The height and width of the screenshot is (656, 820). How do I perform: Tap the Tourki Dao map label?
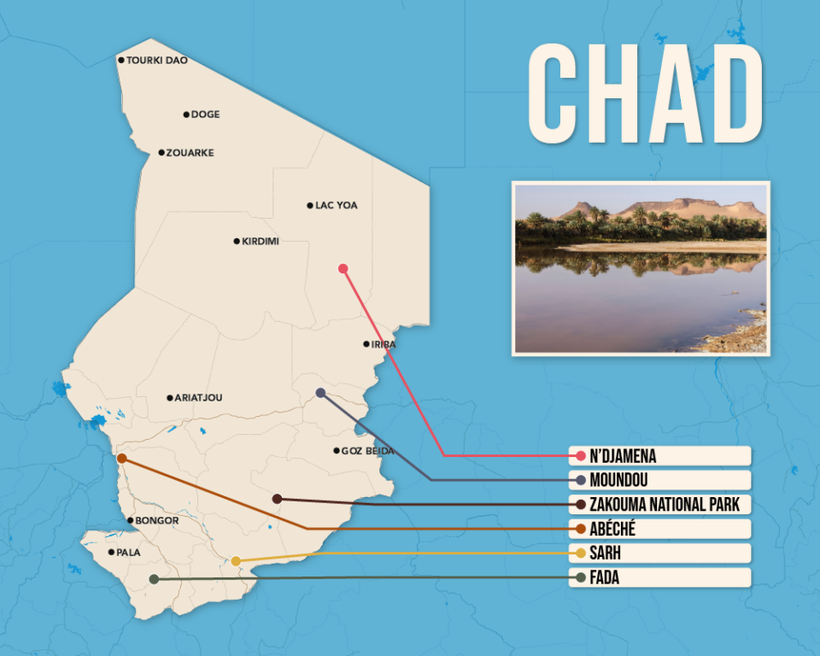pyautogui.click(x=157, y=61)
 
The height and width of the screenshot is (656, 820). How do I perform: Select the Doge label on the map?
pyautogui.click(x=205, y=114)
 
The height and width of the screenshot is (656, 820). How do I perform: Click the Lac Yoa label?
pyautogui.click(x=336, y=206)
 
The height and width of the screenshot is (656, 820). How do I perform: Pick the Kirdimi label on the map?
pyautogui.click(x=260, y=242)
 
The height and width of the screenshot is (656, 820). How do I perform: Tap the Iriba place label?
pyautogui.click(x=383, y=344)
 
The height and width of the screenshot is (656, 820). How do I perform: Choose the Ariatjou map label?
pyautogui.click(x=199, y=398)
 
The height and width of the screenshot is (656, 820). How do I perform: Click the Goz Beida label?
pyautogui.click(x=367, y=451)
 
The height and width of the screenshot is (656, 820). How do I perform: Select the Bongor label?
pyautogui.click(x=157, y=520)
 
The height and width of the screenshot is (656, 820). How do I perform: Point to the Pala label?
pyautogui.click(x=128, y=553)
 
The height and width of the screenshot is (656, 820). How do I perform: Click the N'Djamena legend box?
pyautogui.click(x=659, y=456)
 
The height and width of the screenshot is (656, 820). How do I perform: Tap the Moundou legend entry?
pyautogui.click(x=659, y=480)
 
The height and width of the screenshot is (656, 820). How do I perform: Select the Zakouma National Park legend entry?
pyautogui.click(x=659, y=504)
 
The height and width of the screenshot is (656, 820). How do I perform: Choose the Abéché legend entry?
pyautogui.click(x=659, y=529)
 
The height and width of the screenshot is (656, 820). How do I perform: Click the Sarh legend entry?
pyautogui.click(x=659, y=553)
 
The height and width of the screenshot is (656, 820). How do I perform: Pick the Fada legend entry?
pyautogui.click(x=659, y=578)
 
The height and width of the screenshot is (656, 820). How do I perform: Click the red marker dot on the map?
pyautogui.click(x=343, y=268)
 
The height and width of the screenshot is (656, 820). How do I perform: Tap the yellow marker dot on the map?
pyautogui.click(x=236, y=561)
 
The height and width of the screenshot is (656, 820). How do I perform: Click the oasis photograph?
pyautogui.click(x=641, y=268)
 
